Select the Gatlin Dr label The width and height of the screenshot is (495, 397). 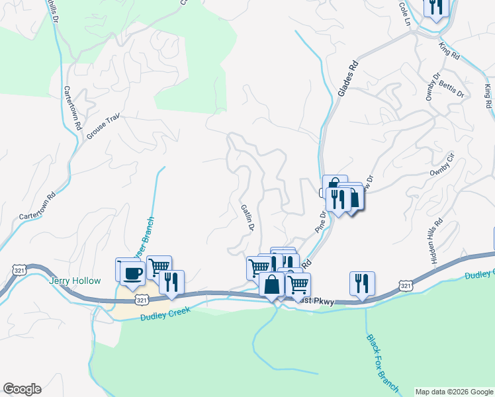tap(247, 216)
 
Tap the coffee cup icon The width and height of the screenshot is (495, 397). tap(133, 273)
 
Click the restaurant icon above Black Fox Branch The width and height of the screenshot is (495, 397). tap(362, 283)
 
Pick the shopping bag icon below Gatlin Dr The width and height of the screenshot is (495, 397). tap(272, 285)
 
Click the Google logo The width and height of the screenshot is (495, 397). tap(22, 389)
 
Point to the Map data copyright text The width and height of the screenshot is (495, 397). tap(453, 392)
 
